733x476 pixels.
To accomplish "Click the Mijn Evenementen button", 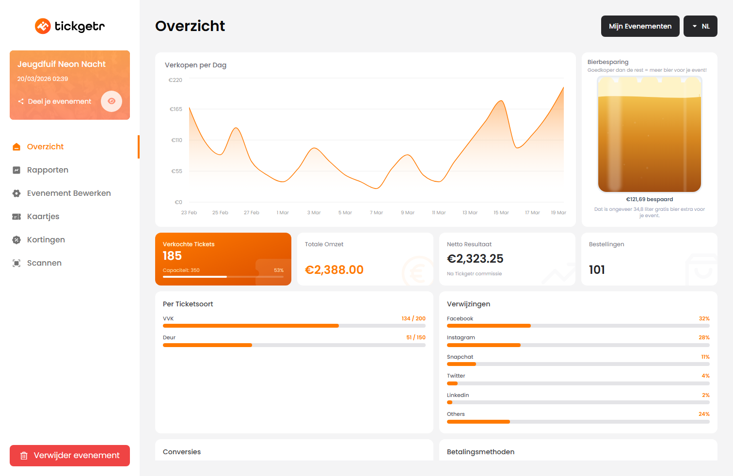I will point(640,26).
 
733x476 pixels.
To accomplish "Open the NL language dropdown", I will point(700,26).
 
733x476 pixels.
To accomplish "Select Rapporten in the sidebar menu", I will point(48,170).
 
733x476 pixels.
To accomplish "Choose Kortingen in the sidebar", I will point(46,240).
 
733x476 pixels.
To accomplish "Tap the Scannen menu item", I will point(44,263).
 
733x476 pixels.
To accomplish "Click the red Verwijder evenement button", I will point(70,456).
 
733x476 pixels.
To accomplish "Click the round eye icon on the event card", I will point(112,101).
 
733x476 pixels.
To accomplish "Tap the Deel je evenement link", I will point(59,102).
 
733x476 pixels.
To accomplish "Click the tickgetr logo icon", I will point(43,26).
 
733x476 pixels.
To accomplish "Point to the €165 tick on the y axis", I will point(176,110).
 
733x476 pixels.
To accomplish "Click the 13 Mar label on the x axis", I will point(470,213).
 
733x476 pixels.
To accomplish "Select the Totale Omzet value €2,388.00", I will point(334,270).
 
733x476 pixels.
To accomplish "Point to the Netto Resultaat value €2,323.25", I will point(475,259).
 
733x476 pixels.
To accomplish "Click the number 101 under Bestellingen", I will point(597,270).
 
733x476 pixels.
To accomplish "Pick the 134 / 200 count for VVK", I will point(414,319).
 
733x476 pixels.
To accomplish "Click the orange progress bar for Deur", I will point(207,345).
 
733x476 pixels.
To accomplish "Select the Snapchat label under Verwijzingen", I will point(460,357).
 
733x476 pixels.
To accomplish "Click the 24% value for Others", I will point(704,414).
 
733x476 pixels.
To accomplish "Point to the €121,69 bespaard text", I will point(649,200).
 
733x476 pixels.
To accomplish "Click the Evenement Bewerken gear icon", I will point(16,193).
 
